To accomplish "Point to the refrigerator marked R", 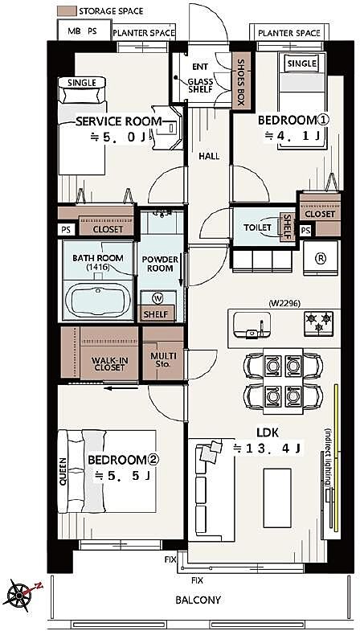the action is pos(321,258).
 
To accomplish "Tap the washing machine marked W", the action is pos(157,298).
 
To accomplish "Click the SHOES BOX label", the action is pos(240,83).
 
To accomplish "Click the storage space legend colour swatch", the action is pos(67,11).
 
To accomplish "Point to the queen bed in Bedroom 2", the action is pos(107,471).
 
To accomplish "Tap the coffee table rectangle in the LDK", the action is pos(277,498).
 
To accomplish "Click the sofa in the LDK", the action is pos(211,490).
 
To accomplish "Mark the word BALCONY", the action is pos(198,600).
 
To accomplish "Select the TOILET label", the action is pos(257,227).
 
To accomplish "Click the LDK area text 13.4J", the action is pos(267,448).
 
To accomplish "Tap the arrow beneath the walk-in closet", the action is pos(121,389).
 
